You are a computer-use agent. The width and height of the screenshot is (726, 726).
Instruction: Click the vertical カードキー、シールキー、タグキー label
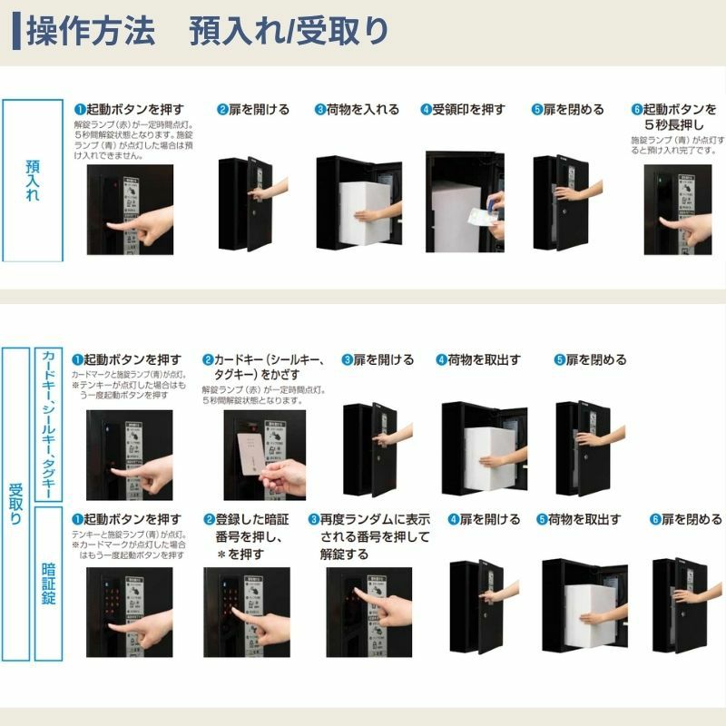48,424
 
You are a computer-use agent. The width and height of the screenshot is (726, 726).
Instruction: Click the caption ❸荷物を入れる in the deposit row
357,109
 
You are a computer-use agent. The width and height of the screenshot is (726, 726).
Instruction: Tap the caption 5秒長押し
675,124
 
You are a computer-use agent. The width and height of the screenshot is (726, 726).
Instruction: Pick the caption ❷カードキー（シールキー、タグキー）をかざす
263,367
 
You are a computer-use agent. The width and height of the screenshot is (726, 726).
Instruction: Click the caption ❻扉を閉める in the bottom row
686,519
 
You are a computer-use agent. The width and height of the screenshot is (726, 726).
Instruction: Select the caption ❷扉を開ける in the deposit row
253,109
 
